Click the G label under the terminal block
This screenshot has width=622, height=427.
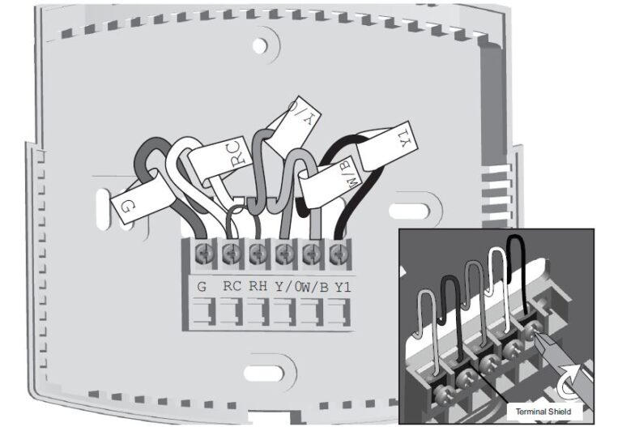tap(202, 285)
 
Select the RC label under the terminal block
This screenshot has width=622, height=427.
tap(231, 285)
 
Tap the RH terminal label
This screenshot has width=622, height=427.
tap(258, 285)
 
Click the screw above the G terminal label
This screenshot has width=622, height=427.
tap(202, 251)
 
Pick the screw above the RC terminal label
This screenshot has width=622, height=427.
tap(230, 251)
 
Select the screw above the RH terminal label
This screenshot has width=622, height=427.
tap(258, 251)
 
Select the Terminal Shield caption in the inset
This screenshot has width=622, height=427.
tap(543, 412)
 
